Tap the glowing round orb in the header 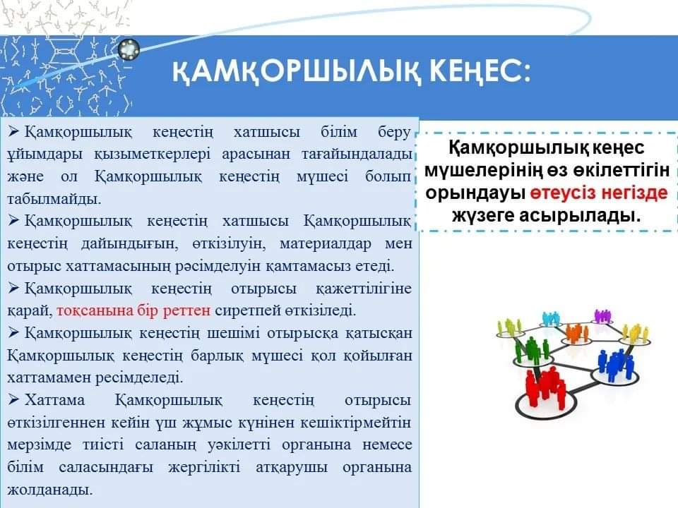[129, 49]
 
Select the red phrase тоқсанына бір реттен [133, 310]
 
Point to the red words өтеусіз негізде [599, 193]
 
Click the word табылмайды [54, 199]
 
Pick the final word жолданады [49, 490]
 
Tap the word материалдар [325, 243]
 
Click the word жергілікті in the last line [204, 468]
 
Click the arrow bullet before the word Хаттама [13, 399]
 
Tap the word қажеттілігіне [364, 289]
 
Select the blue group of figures [614, 365]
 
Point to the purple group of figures [602, 316]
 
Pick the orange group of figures [576, 332]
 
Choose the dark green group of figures [531, 349]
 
